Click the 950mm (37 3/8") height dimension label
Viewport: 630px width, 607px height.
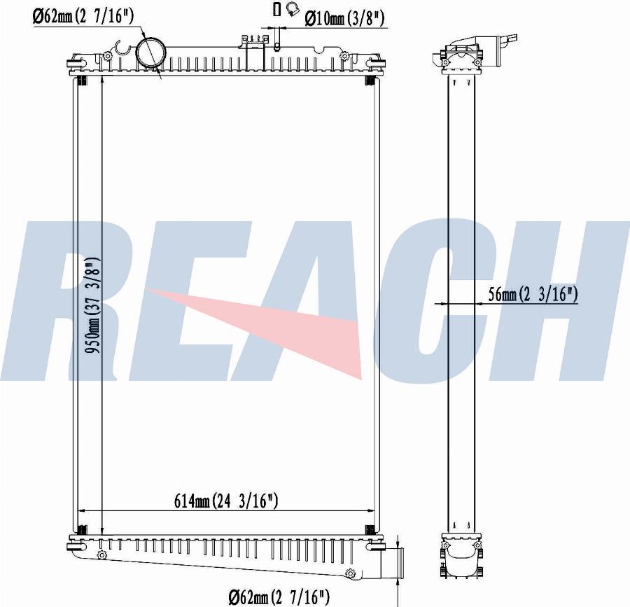click(x=93, y=305)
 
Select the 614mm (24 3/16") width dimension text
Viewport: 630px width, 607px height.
click(x=226, y=501)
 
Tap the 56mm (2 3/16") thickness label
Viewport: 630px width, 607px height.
click(x=533, y=295)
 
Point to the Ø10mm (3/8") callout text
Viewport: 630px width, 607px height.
click(x=344, y=18)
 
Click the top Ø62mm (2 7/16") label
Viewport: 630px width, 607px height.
click(x=83, y=16)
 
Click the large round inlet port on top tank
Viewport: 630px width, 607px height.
click(x=150, y=53)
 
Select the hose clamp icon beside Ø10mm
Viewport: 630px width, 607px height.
click(x=293, y=9)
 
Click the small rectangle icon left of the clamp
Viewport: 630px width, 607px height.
click(x=276, y=9)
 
